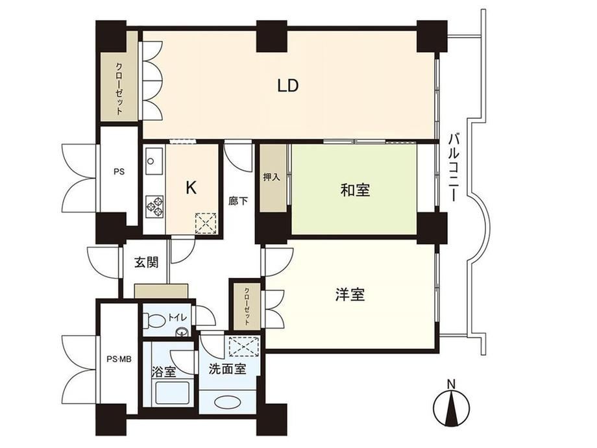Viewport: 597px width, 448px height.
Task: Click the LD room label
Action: (287, 86)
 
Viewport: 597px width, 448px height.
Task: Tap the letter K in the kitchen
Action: (191, 188)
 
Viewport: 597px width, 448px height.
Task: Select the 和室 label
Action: (355, 190)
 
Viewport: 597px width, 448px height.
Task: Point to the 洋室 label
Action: (350, 295)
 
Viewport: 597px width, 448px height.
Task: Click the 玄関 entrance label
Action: (146, 262)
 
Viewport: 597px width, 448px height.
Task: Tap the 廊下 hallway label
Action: (238, 201)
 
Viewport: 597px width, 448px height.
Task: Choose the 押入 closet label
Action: (272, 177)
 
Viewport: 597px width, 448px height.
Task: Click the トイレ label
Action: (177, 317)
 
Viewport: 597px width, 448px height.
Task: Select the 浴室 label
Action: (164, 371)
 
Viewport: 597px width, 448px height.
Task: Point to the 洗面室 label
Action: (227, 369)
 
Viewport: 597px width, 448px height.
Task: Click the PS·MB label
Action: (119, 358)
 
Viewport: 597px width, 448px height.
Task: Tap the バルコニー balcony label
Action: (452, 167)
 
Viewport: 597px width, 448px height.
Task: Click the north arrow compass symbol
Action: (451, 404)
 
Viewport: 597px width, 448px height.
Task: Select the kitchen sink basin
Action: (154, 161)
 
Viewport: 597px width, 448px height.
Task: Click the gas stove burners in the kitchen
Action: (154, 207)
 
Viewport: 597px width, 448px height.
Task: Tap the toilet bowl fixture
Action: (153, 321)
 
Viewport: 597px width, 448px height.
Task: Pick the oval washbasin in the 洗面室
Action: (227, 401)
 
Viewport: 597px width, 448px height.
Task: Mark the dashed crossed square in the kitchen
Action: (206, 223)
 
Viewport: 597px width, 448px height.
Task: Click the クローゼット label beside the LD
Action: (119, 88)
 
